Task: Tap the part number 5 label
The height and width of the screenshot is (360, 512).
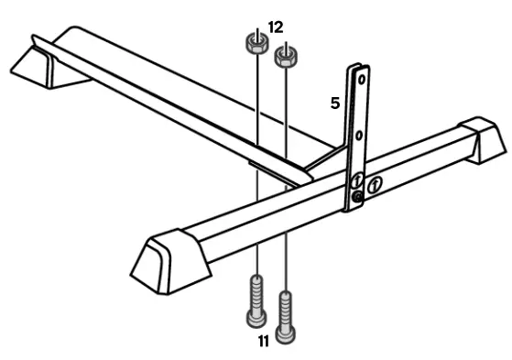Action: click(336, 104)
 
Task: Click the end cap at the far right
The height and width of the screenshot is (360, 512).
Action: click(483, 139)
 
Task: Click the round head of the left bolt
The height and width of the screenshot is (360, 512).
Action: click(255, 318)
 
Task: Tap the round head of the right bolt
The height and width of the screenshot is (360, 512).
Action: click(288, 333)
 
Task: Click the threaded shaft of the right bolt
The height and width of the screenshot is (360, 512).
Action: click(288, 304)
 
